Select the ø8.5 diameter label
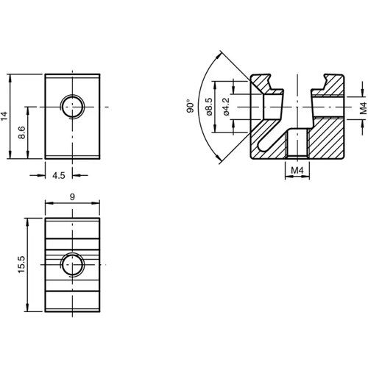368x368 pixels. [x=210, y=107]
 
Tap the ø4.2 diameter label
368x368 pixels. [x=227, y=107]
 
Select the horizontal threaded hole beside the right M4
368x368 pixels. [x=327, y=107]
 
